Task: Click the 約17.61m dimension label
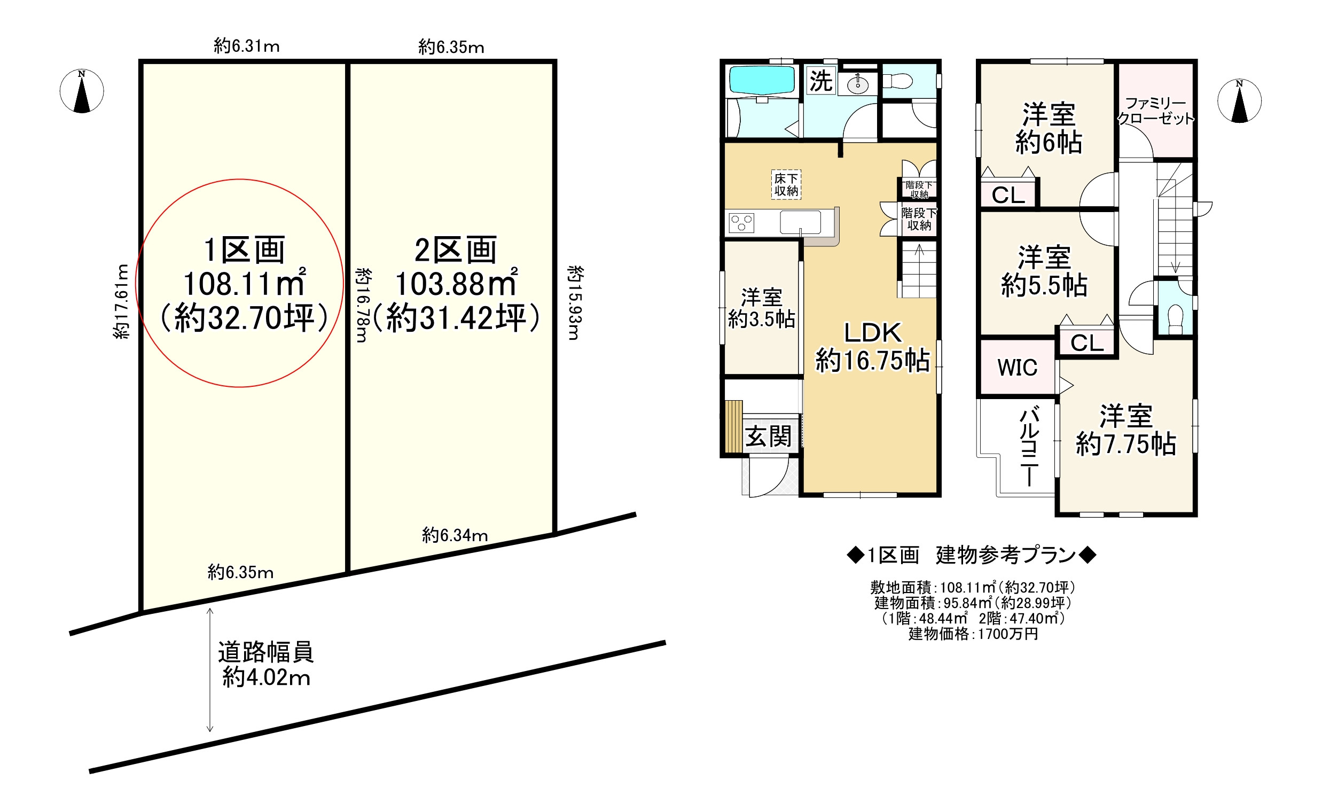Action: point(122,302)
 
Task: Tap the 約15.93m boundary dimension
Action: point(575,303)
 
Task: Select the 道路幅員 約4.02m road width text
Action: point(265,665)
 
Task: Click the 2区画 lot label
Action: point(456,250)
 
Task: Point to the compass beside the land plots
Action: point(82,91)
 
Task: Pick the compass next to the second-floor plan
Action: point(1239,100)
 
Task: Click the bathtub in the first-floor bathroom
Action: point(761,81)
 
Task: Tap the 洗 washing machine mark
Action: point(821,81)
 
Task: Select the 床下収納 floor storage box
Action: point(786,185)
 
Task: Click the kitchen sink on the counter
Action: point(800,222)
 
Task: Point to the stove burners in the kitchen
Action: point(741,223)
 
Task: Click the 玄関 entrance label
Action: point(768,436)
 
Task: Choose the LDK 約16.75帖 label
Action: point(873,347)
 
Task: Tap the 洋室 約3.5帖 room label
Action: point(761,308)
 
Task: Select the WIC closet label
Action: point(1017,368)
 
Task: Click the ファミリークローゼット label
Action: point(1156,111)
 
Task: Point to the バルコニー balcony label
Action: point(1030,446)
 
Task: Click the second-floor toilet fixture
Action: point(1175,319)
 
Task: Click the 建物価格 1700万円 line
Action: point(973,634)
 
